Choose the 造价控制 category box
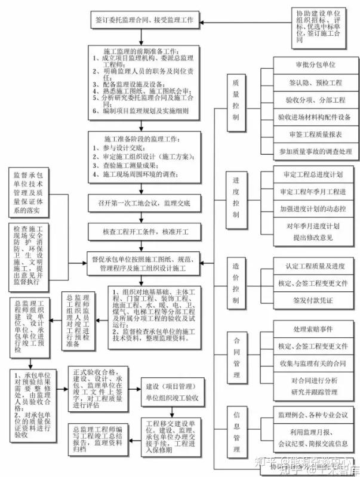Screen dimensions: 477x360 [x=236, y=281]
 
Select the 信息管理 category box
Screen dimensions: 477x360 [x=236, y=430]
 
